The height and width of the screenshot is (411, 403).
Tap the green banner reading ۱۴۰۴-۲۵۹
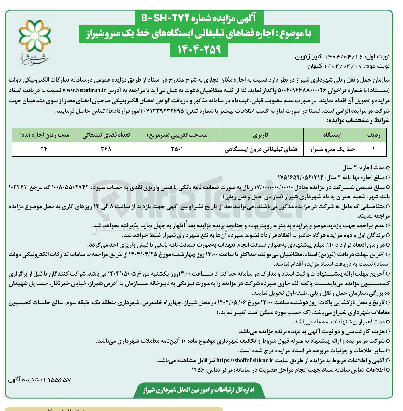[199, 49]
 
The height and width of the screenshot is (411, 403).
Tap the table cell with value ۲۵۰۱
[177, 149]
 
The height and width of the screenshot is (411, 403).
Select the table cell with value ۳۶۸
[106, 149]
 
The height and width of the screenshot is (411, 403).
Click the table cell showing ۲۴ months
[44, 149]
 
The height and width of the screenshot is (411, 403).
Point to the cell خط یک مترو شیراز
[333, 149]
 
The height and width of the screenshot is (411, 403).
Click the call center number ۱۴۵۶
[198, 370]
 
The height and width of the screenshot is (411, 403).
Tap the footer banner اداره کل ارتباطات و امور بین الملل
[199, 390]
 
